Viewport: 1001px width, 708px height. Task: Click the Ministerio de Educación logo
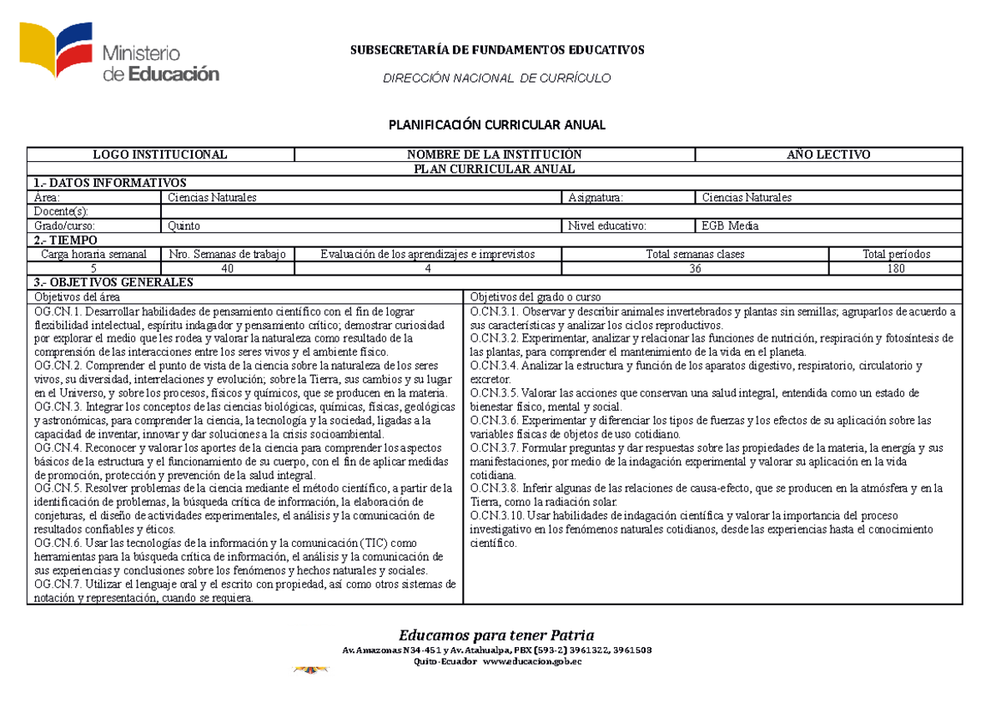(x=121, y=55)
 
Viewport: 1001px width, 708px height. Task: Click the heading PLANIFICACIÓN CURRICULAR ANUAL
(x=497, y=125)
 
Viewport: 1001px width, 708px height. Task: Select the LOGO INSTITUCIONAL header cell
(x=160, y=154)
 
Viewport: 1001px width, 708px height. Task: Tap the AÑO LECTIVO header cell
(x=828, y=154)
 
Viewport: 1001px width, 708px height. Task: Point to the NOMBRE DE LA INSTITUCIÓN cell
(x=494, y=154)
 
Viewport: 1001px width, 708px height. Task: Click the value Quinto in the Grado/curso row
(x=184, y=225)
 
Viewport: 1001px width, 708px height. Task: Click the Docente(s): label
(x=60, y=212)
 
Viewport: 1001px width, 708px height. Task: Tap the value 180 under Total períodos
(x=896, y=268)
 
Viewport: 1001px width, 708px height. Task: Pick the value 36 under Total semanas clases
(x=695, y=268)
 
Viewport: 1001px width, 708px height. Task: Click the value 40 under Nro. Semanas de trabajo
(x=227, y=268)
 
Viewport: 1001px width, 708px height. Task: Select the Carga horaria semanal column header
(x=94, y=254)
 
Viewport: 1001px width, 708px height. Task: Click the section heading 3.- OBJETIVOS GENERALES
(x=113, y=282)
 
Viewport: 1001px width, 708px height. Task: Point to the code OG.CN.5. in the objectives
(x=57, y=488)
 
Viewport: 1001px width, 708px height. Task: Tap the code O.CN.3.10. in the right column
(x=498, y=516)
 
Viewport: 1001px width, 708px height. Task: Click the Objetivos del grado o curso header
(x=535, y=297)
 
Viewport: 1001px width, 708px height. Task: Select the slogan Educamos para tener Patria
(x=496, y=634)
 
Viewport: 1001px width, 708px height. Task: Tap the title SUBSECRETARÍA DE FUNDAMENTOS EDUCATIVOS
(x=496, y=50)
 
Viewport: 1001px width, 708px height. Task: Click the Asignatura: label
(x=596, y=198)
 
